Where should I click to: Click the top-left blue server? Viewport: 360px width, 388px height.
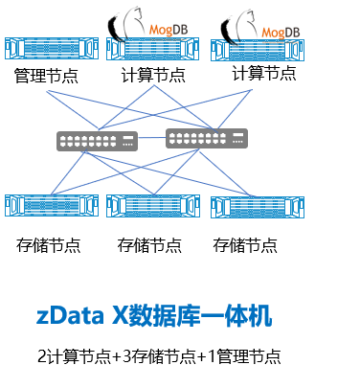point(52,48)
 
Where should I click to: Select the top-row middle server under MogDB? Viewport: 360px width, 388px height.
point(153,49)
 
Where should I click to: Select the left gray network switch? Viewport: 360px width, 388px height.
point(97,141)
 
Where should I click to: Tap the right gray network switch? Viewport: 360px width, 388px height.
point(207,138)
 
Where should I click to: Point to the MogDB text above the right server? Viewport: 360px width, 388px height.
point(280,33)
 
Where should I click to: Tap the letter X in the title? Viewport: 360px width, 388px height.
point(120,316)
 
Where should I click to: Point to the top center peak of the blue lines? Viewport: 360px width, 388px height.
point(154,85)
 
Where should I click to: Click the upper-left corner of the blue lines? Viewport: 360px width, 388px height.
point(48,91)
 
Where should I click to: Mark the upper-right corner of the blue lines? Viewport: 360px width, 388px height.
point(252,91)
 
